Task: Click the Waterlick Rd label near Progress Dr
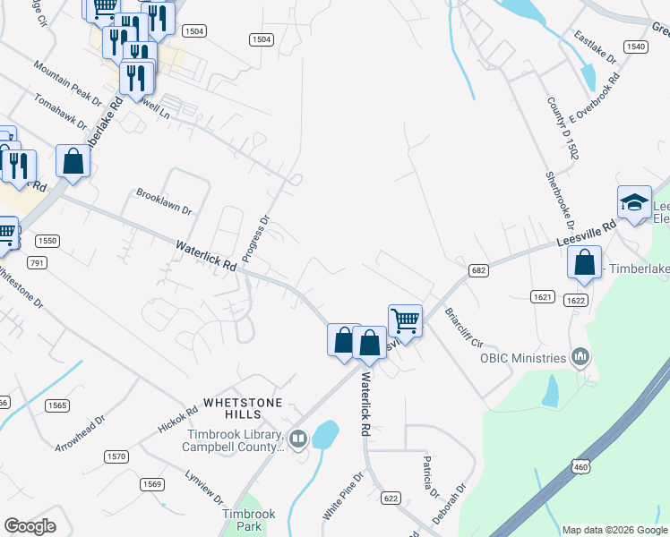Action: [x=205, y=255]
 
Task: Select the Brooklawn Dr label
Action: [x=164, y=200]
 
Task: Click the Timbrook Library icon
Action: [x=298, y=439]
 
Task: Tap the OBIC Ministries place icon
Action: [x=581, y=358]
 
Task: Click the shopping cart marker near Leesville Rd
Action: [x=405, y=319]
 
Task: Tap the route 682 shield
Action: [x=477, y=268]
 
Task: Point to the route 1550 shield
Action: [x=47, y=242]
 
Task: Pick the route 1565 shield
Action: [x=57, y=405]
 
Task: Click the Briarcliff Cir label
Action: [x=464, y=329]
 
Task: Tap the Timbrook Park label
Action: [x=249, y=521]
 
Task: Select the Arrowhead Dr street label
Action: [x=80, y=433]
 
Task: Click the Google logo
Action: [x=30, y=526]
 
